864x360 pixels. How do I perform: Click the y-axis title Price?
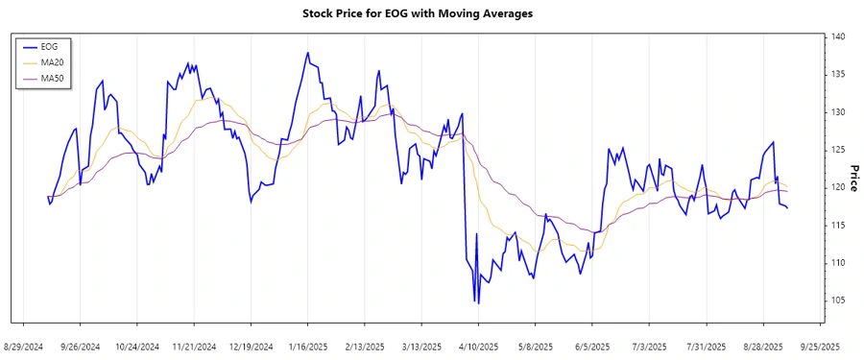[852, 179]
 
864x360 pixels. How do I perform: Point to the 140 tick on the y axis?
[837, 36]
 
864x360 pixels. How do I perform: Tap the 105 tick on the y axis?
[837, 300]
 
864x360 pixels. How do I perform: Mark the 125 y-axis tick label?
[837, 150]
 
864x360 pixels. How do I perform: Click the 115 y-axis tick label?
[837, 225]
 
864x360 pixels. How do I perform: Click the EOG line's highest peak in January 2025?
[307, 53]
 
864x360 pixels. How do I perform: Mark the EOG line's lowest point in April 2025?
[475, 302]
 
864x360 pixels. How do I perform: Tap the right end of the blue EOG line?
[788, 208]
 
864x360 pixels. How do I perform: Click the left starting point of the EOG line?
[48, 198]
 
